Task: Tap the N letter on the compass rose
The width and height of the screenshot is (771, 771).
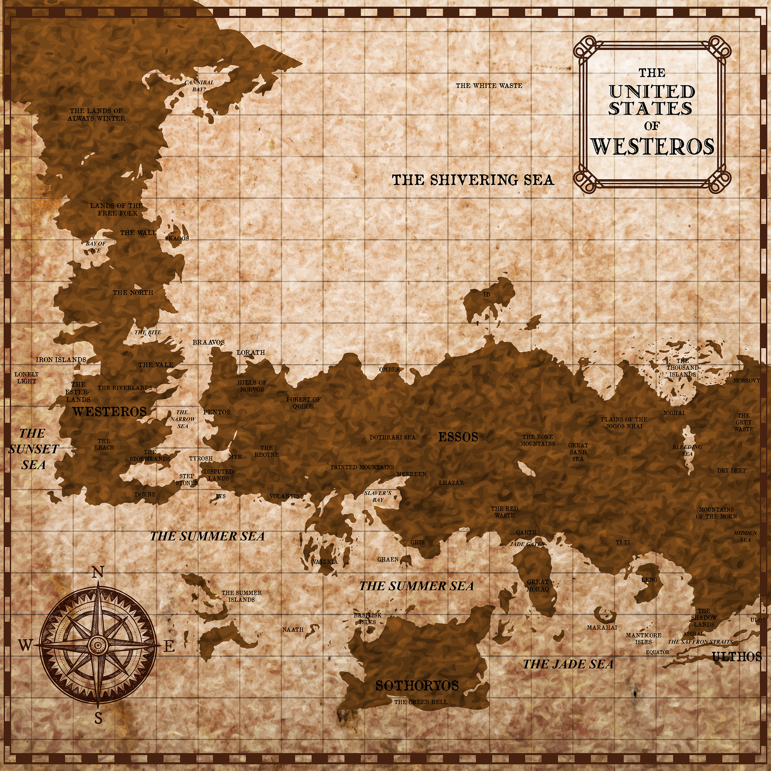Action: (x=98, y=573)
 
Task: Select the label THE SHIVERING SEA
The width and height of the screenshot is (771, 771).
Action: (x=473, y=180)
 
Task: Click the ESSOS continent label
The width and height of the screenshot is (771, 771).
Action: (x=458, y=437)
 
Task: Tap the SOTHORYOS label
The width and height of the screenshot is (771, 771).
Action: (x=417, y=686)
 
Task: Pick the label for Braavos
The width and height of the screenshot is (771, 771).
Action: (x=208, y=342)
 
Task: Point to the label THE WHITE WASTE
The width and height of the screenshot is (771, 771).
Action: (x=489, y=85)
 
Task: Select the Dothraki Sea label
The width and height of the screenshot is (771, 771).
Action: (x=392, y=437)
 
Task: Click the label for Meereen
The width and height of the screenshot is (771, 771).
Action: (x=411, y=474)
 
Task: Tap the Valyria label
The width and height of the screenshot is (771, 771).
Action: (x=325, y=562)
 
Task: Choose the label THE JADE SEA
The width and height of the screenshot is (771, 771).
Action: (x=568, y=664)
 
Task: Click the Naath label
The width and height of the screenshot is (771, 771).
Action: (x=293, y=629)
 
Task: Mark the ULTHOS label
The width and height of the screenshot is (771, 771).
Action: (x=737, y=657)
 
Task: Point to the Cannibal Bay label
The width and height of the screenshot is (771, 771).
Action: (x=199, y=86)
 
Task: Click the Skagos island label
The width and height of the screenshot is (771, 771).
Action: (x=177, y=238)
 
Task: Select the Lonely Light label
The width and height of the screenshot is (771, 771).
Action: (x=26, y=377)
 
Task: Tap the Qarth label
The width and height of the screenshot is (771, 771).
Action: (x=526, y=532)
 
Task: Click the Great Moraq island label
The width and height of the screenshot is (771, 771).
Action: (x=537, y=585)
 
